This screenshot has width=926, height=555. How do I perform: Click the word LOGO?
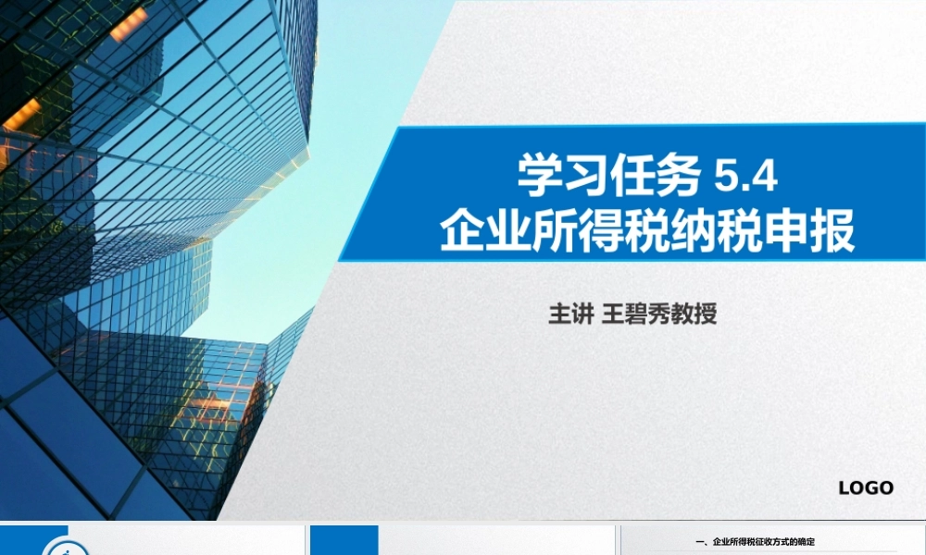point(866,487)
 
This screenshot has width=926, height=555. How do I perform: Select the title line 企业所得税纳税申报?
point(647,231)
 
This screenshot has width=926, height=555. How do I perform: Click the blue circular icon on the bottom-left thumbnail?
point(62,549)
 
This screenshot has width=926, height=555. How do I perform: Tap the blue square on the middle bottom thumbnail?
point(344,541)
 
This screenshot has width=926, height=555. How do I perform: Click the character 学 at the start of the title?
point(540,177)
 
